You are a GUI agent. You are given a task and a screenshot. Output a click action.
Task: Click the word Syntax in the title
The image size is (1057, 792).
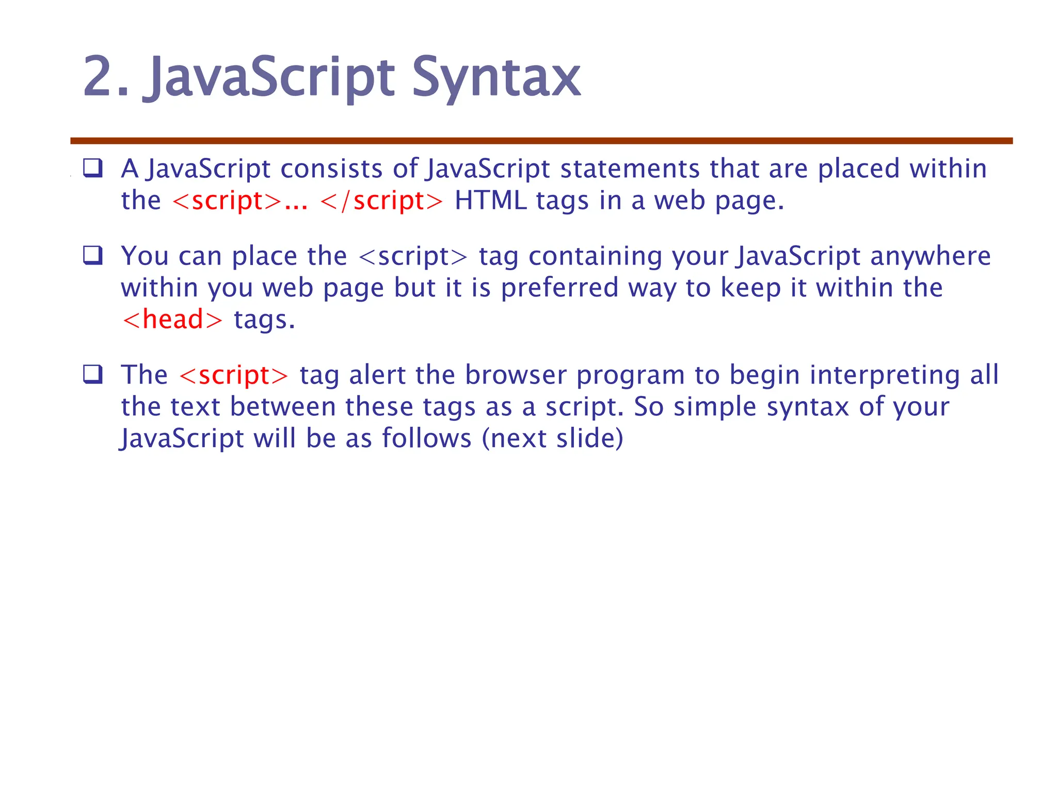(496, 78)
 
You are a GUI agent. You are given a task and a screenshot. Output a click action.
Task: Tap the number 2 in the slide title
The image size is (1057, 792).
(99, 77)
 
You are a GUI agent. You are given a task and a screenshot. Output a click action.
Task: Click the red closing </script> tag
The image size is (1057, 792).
(381, 201)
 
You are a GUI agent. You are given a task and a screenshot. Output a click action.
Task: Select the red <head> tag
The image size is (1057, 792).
(172, 320)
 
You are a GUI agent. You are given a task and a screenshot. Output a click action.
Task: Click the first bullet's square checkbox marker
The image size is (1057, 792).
(93, 168)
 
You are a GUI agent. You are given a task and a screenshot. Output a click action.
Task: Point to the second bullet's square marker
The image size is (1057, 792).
(93, 255)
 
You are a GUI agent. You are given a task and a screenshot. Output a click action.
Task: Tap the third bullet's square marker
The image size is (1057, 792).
(93, 374)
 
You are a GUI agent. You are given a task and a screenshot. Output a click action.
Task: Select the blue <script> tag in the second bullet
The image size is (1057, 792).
(413, 256)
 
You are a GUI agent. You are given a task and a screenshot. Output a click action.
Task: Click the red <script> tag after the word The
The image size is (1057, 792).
(234, 375)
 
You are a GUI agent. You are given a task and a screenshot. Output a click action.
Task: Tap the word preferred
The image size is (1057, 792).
(559, 288)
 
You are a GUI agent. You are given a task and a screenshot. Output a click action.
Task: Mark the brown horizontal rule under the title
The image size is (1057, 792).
(541, 141)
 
